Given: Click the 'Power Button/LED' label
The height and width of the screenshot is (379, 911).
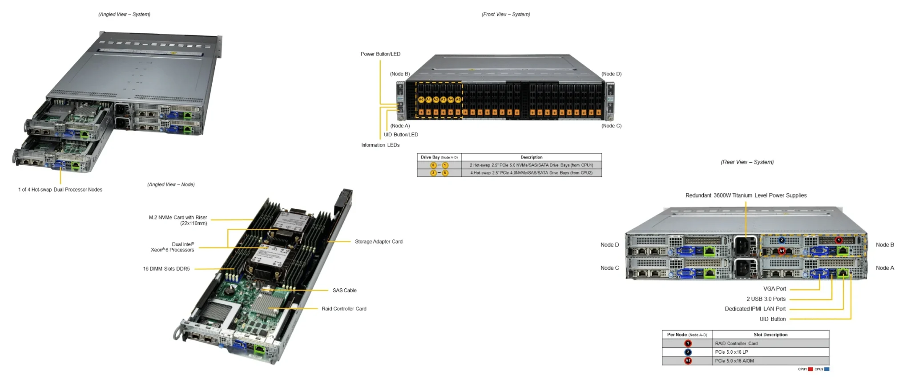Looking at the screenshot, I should pos(380,54).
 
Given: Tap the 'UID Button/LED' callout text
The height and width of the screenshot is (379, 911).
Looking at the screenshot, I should pos(401,135).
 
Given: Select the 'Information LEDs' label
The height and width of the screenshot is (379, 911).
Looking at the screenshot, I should pos(380,145).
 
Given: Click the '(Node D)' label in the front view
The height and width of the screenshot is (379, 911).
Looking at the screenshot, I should pos(611,74).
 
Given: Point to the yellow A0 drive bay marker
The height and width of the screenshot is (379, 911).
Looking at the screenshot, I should pos(421,100).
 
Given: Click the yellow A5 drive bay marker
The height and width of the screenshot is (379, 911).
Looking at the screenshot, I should pos(458,100).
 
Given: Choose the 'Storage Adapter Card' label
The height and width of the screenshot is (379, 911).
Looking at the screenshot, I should pos(379,242).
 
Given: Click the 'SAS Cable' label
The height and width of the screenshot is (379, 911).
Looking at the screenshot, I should pos(344,291).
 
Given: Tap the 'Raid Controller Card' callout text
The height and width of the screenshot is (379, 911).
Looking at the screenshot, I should pos(344,309).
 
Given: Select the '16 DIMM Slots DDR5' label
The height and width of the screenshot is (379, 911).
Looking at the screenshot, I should pos(166,269).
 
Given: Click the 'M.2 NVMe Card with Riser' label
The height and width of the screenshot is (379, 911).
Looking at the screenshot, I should pos(178,218).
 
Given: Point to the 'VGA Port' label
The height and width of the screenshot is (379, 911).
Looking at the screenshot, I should pos(774,289).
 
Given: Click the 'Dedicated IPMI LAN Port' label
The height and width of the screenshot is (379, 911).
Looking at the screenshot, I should pos(755,309).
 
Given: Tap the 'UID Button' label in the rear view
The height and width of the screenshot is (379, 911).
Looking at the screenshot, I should pos(772,319).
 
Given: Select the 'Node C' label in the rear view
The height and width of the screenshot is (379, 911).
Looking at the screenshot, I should pos(609,268).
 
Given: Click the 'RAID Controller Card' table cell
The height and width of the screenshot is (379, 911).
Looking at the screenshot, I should pos(736,343).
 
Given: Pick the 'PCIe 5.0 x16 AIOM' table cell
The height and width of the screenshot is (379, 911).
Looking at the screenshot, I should pos(734,361).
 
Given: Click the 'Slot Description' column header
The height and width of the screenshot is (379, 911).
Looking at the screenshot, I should pos(770,335).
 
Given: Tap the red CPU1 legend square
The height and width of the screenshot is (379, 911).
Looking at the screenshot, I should pos(810,369).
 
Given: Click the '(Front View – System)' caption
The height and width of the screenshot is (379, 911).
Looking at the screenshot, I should pos(506,15).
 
